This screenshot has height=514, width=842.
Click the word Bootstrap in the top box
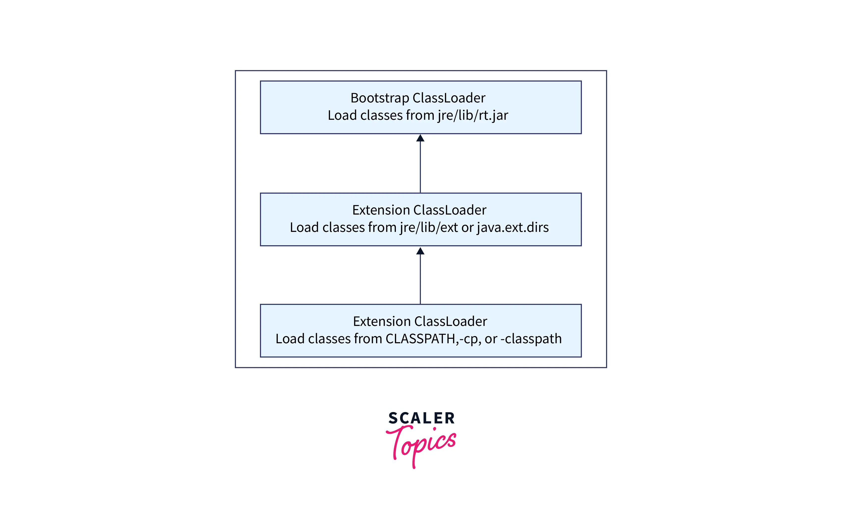[379, 98]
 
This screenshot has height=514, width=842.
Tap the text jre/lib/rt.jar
[473, 115]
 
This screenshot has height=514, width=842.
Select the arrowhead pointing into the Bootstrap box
[420, 138]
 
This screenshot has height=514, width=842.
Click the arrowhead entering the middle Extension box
[420, 251]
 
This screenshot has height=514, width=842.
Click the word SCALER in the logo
[421, 418]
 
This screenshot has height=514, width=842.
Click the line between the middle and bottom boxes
[420, 280]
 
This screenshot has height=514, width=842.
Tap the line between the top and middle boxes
[420, 167]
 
